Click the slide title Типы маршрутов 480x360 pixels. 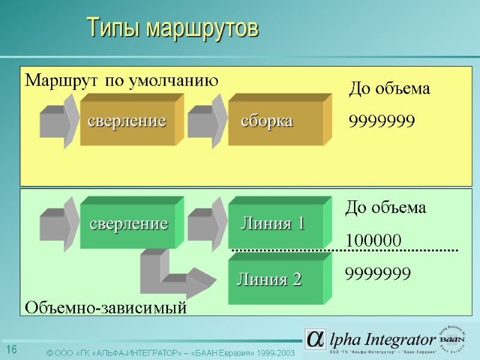(x=172, y=28)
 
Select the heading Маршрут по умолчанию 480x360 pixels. (x=121, y=80)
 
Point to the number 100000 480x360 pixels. (x=374, y=240)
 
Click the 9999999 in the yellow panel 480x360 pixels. (x=382, y=122)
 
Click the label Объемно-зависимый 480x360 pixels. (x=105, y=308)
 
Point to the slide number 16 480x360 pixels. (x=11, y=350)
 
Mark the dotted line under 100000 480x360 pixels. (x=345, y=249)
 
